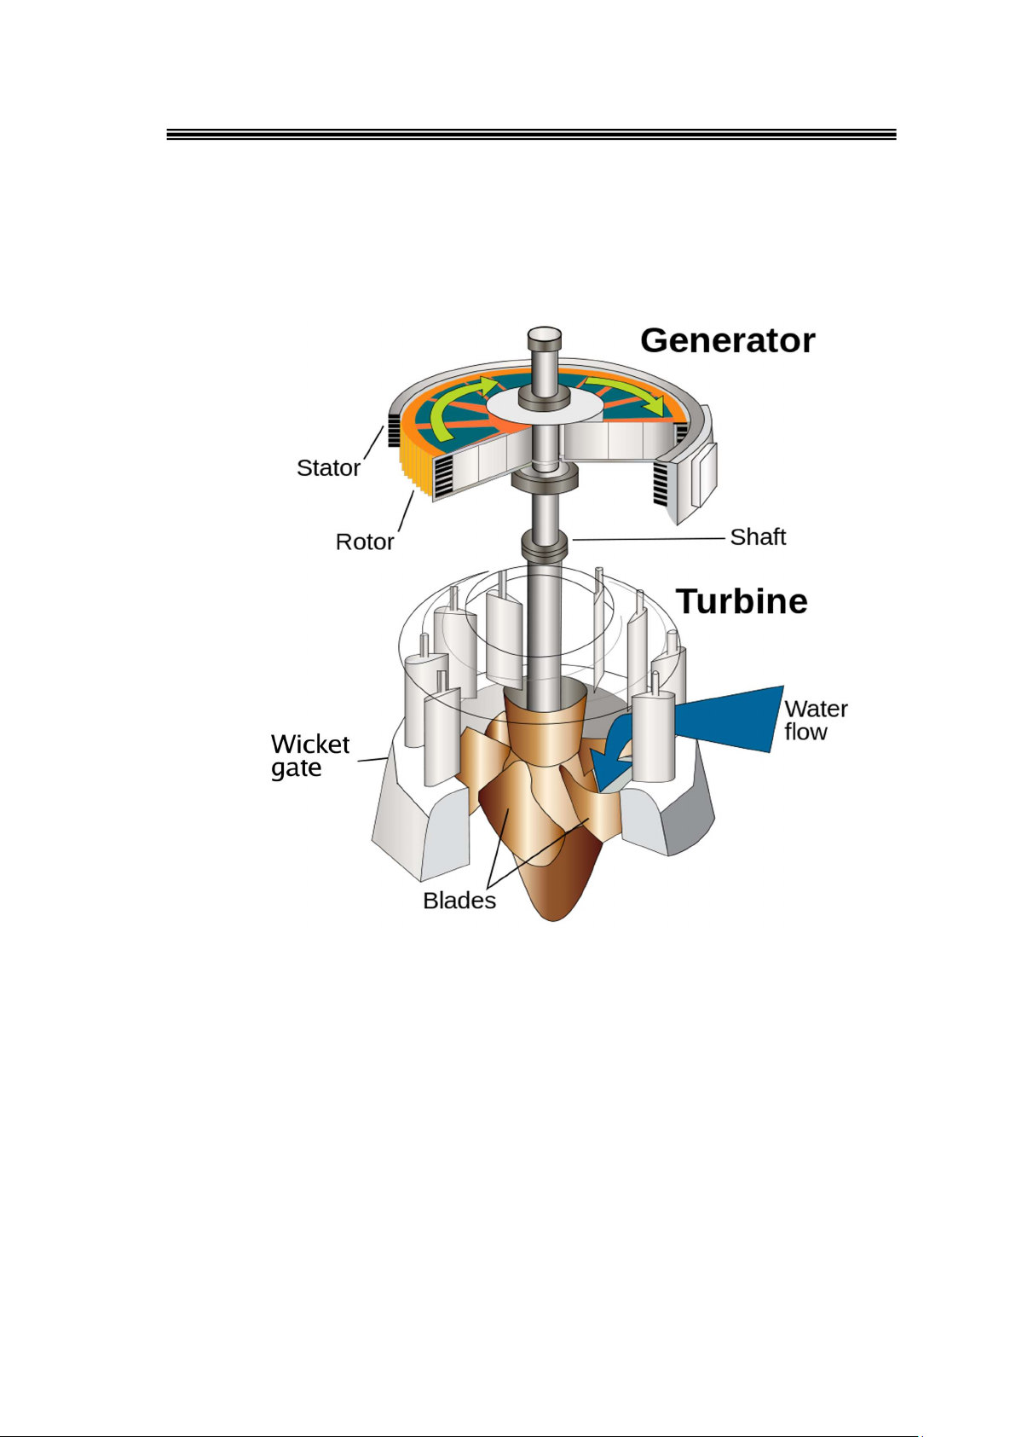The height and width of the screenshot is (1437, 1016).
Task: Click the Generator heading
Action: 727,340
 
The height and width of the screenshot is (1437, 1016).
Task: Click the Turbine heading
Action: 742,601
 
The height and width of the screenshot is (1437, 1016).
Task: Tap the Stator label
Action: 328,468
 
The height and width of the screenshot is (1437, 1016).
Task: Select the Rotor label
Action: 365,542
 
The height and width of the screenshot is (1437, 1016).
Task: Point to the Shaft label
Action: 758,537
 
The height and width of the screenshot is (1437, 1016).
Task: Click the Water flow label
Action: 814,721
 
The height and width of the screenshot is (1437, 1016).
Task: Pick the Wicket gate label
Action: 309,756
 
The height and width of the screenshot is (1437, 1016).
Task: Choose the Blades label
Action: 459,901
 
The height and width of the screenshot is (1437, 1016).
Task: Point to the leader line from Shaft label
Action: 648,539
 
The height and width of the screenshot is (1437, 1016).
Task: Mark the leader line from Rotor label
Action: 406,512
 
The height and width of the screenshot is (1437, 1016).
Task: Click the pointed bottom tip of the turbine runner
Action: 553,917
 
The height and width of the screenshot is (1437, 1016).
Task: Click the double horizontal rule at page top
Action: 531,135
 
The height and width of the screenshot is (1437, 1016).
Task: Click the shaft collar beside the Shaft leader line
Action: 544,544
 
